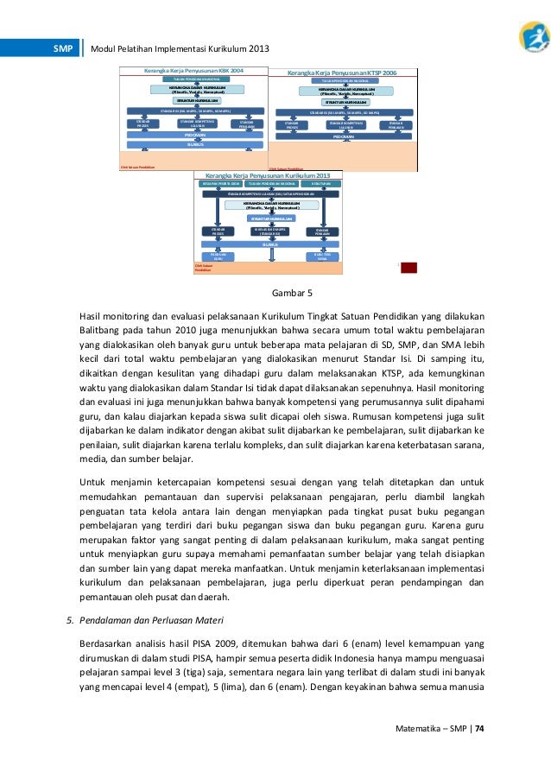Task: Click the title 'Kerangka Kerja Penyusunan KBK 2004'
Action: [194, 70]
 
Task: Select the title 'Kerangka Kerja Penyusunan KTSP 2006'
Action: [342, 74]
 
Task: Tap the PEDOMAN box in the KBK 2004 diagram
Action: [194, 136]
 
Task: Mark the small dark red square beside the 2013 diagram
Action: [408, 268]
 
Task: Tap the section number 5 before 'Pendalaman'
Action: [70, 619]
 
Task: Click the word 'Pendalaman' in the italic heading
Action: [107, 619]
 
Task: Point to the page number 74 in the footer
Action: [479, 728]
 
